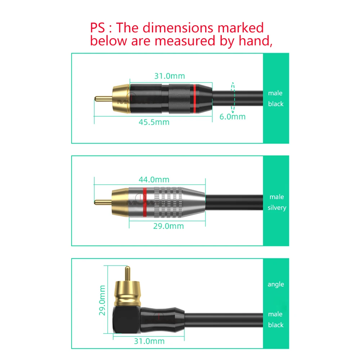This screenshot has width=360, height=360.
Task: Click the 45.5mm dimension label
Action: (x=154, y=122)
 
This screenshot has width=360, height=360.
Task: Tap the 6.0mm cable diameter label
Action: (x=233, y=117)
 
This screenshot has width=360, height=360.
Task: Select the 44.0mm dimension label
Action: (x=154, y=179)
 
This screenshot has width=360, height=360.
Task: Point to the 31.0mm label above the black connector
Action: (x=170, y=76)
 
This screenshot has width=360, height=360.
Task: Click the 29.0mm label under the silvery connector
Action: (x=168, y=226)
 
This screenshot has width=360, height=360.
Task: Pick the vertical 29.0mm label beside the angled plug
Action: (x=102, y=300)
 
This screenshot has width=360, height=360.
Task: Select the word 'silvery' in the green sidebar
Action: (x=277, y=208)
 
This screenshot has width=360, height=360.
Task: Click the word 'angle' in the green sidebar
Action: (x=276, y=284)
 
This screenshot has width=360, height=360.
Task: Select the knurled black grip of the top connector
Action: (x=178, y=97)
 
